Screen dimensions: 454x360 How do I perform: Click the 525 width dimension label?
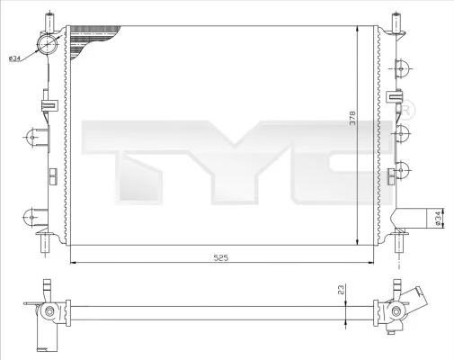(221, 257)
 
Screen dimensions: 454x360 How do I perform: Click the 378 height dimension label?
(352, 118)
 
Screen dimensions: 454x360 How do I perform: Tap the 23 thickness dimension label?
(342, 290)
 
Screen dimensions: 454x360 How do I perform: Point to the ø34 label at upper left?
(14, 58)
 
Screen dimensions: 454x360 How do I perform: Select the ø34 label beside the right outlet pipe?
(438, 219)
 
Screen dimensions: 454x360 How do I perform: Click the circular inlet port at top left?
(47, 44)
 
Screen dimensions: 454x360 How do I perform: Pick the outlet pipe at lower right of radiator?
(411, 218)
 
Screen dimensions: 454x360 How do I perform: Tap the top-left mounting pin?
(49, 22)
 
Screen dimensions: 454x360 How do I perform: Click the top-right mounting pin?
(396, 22)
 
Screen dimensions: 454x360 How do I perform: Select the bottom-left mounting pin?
(45, 243)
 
